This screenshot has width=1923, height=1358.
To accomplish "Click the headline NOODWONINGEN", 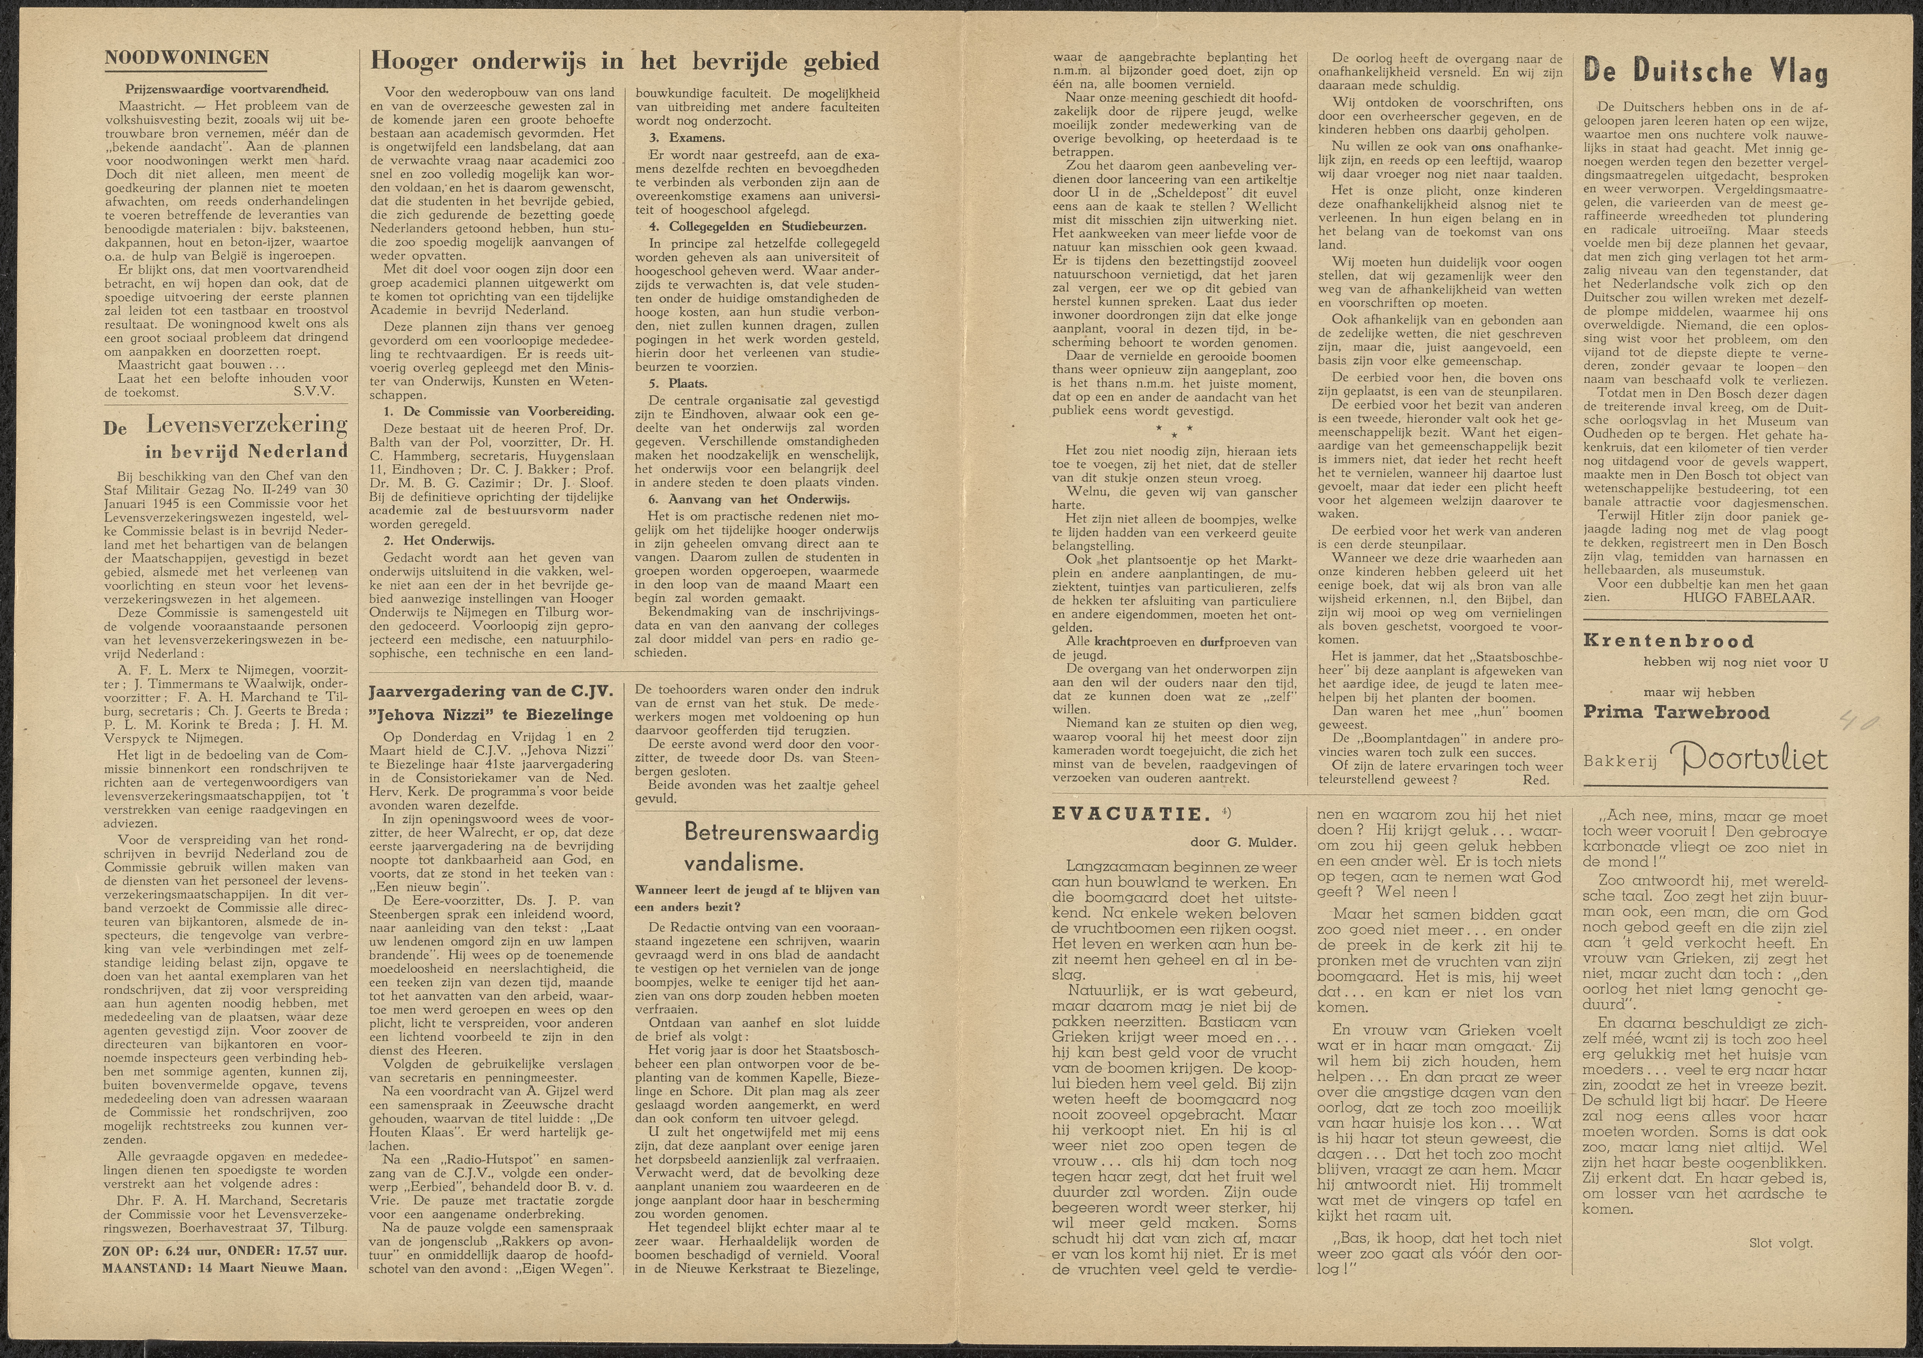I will [x=186, y=58].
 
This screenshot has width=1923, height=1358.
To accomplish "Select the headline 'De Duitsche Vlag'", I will [x=1705, y=73].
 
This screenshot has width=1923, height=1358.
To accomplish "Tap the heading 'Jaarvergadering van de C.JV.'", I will [x=491, y=692].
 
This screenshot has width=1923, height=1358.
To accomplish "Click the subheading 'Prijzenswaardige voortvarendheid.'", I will [x=227, y=89].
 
